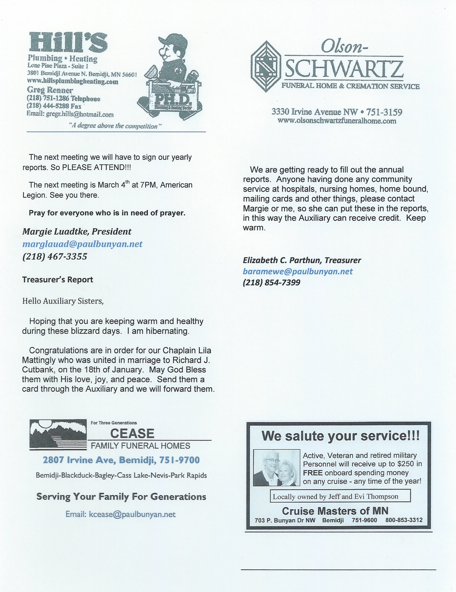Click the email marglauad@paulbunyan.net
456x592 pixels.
point(82,244)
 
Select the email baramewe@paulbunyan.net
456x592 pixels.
point(298,271)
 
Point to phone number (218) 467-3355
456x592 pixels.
point(55,256)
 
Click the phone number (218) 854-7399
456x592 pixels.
point(271,283)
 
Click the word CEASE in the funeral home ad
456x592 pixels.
point(132,434)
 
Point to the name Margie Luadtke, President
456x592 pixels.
point(77,232)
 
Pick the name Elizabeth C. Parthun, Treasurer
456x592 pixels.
point(302,260)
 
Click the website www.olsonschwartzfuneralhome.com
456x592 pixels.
point(337,121)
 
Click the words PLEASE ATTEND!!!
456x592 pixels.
point(96,167)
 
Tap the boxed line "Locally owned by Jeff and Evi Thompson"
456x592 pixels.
point(335,497)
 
